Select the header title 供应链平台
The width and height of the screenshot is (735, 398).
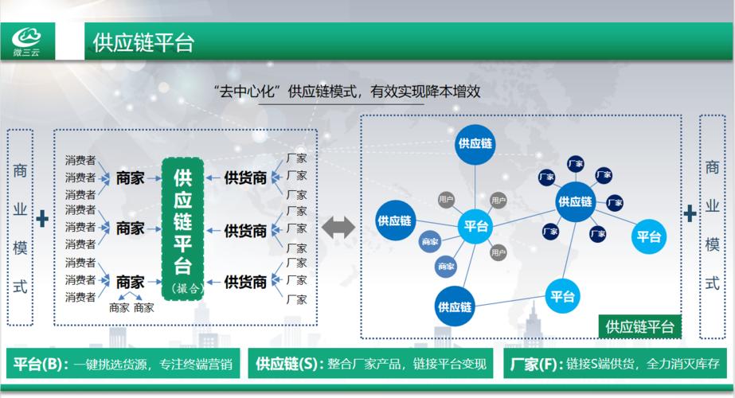pyautogui.click(x=143, y=42)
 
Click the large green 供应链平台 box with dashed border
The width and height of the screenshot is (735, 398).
pyautogui.click(x=182, y=228)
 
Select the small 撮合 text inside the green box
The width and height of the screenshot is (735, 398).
pyautogui.click(x=182, y=288)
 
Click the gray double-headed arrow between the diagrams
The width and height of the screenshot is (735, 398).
pyautogui.click(x=338, y=228)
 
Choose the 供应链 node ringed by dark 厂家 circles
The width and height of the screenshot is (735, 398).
pyautogui.click(x=575, y=201)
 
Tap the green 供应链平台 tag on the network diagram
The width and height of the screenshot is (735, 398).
pyautogui.click(x=639, y=326)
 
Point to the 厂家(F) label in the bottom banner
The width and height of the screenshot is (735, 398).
pyautogui.click(x=535, y=365)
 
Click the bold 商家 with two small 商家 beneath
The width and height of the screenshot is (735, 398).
pyautogui.click(x=130, y=282)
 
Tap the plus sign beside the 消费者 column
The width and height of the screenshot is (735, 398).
pyautogui.click(x=42, y=217)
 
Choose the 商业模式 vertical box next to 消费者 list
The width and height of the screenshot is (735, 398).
pyautogui.click(x=21, y=227)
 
